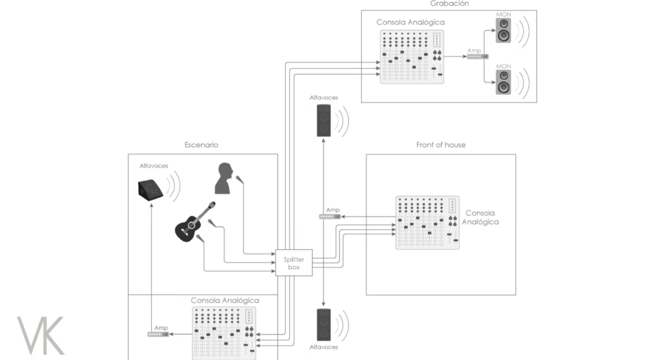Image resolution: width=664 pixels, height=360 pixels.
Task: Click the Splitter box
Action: point(294,263)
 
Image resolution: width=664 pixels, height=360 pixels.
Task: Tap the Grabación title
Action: point(449,4)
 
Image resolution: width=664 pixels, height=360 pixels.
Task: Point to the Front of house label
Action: point(441,145)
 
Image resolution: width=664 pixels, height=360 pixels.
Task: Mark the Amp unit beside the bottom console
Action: point(158,334)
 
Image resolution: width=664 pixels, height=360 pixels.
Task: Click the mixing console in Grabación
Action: point(412,56)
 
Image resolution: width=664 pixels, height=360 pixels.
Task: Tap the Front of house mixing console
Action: point(427,222)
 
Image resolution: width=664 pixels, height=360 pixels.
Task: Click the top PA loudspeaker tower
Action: point(324,120)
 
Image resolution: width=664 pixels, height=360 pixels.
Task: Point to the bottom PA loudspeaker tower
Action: point(324,325)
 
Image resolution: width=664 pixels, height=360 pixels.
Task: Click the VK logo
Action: point(41,335)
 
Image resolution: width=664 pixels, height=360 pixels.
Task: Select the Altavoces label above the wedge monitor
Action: point(154,166)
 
